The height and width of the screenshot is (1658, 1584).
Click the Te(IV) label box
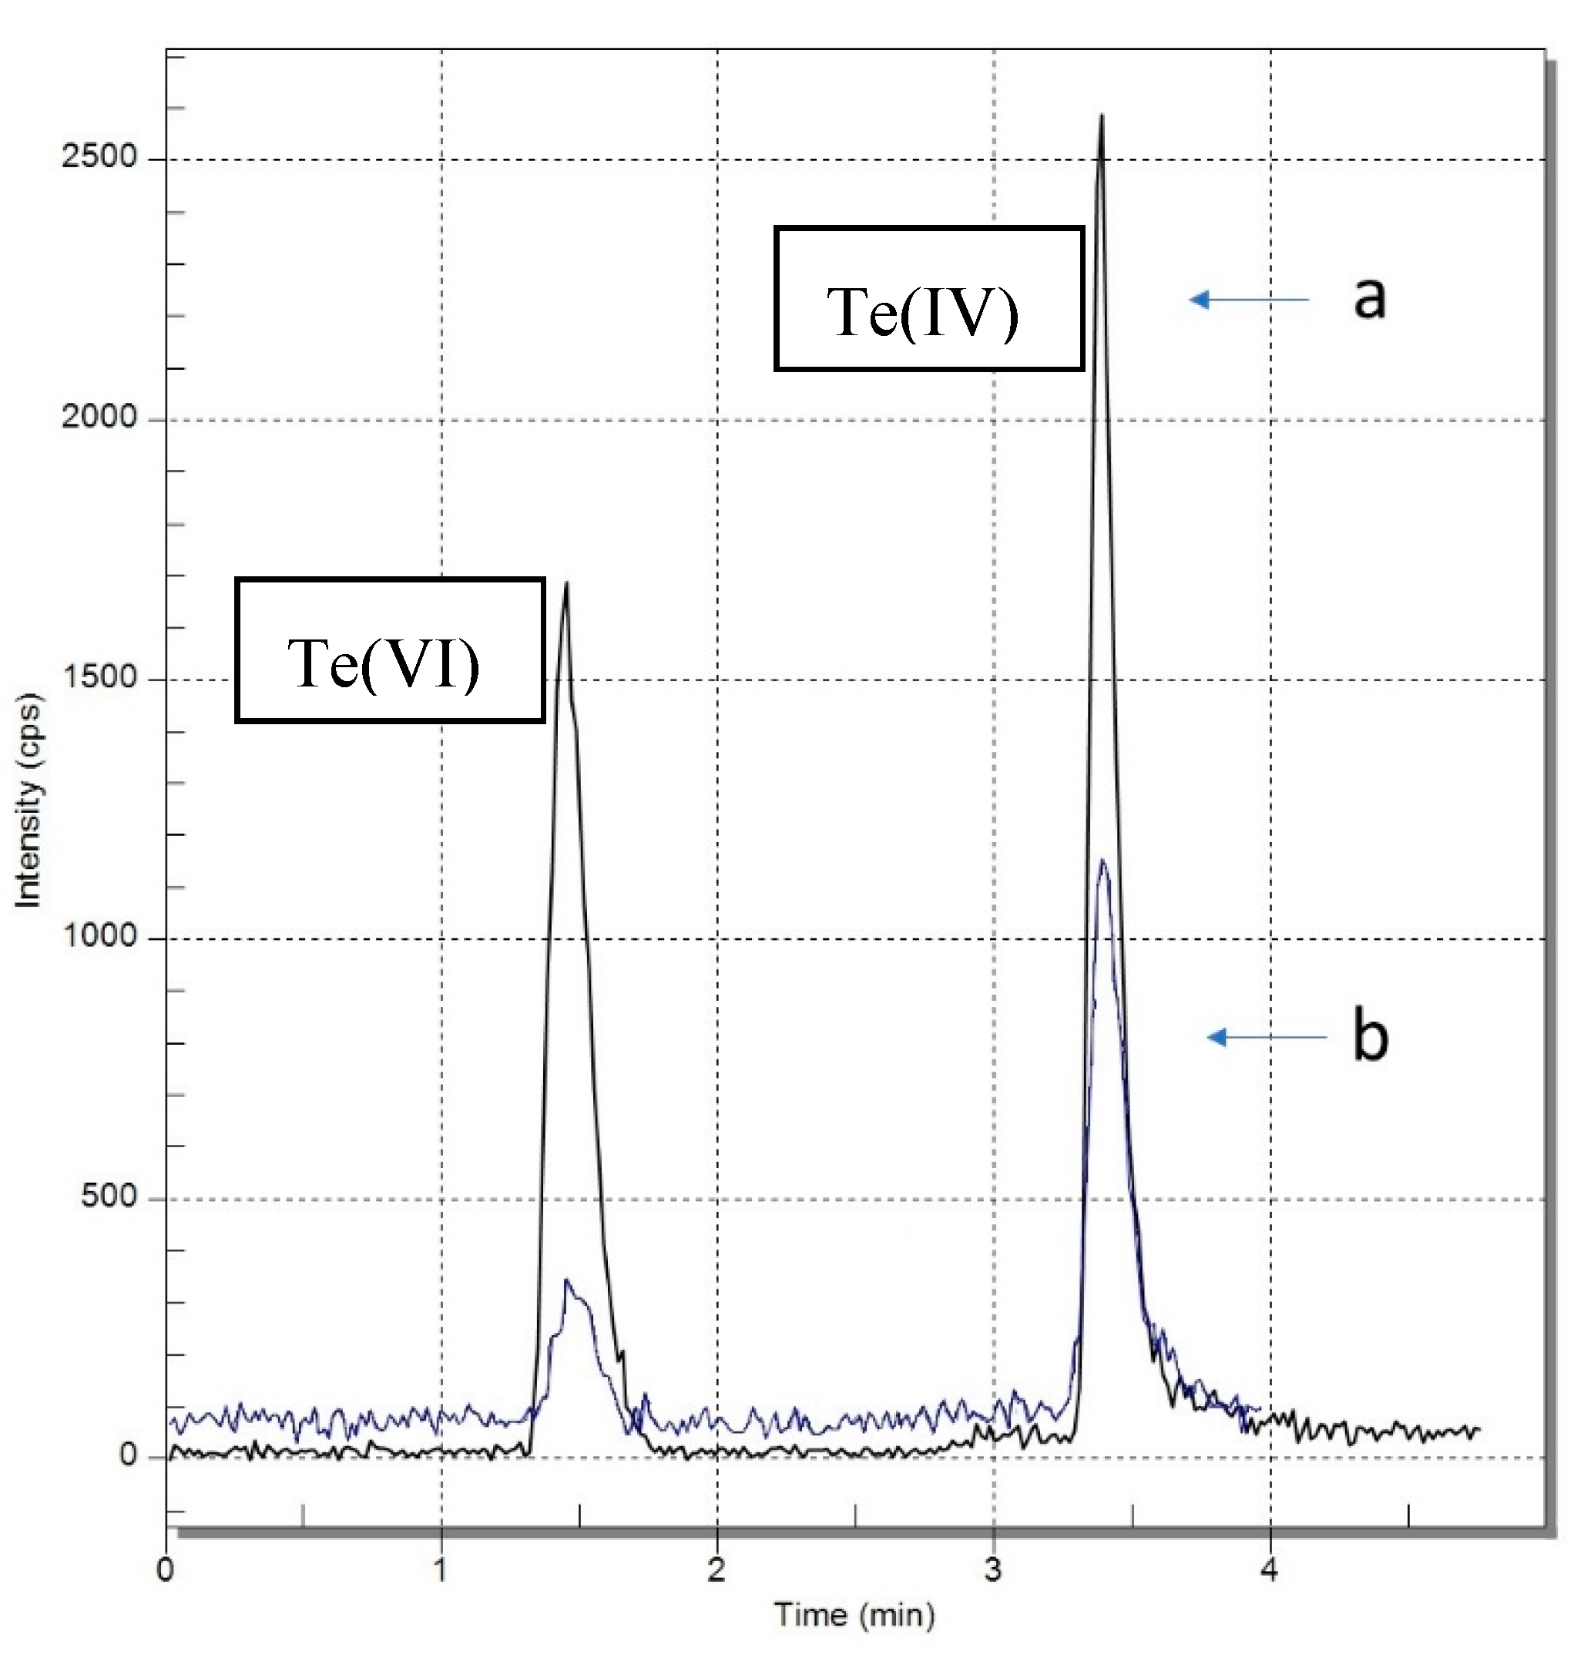(x=929, y=299)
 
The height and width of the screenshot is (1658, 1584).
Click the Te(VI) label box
(x=389, y=650)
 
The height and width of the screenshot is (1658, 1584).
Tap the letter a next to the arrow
(x=1370, y=298)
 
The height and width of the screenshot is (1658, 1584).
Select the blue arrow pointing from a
(x=1249, y=299)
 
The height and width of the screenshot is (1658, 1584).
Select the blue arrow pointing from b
(x=1267, y=1037)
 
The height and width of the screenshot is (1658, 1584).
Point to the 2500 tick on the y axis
(x=99, y=157)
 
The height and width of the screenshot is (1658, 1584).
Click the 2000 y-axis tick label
(x=99, y=417)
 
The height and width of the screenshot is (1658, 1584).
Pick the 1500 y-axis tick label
(x=99, y=677)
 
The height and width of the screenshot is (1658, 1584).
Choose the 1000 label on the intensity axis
(x=99, y=936)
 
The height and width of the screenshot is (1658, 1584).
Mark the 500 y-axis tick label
(x=109, y=1197)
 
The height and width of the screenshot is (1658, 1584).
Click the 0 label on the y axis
(x=127, y=1455)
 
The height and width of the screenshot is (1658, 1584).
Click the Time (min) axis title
(x=854, y=1614)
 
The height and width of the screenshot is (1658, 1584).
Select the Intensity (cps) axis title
(x=29, y=800)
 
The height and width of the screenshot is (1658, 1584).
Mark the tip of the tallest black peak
(x=1101, y=116)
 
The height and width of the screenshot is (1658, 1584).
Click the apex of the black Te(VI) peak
(x=565, y=583)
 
